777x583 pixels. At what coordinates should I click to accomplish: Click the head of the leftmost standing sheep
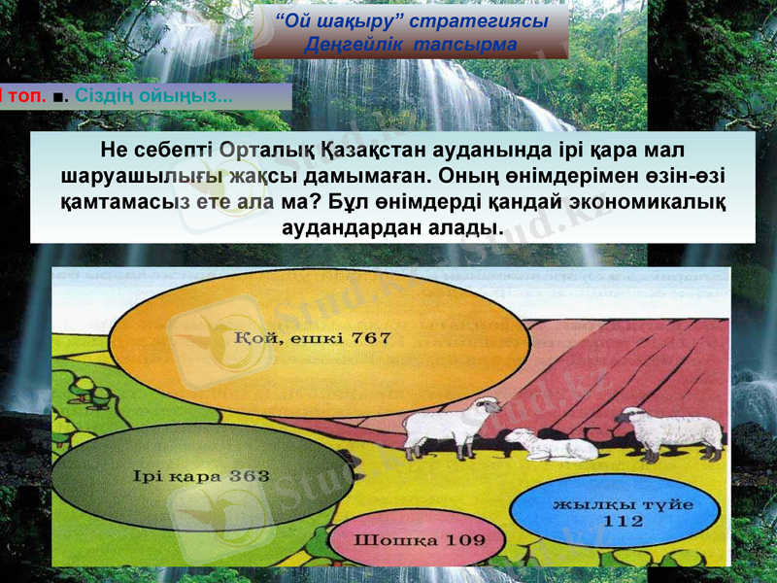pos(486,407)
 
